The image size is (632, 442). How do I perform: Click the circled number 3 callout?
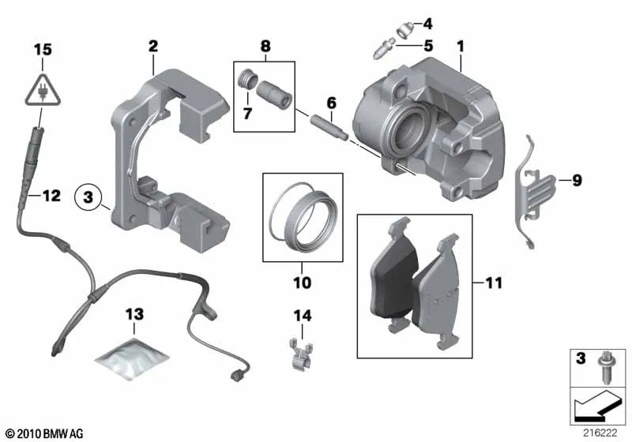point(88,197)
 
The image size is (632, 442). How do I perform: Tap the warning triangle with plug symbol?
point(43,91)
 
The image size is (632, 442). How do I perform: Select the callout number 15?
point(43,50)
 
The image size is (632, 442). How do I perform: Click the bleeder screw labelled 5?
point(383,48)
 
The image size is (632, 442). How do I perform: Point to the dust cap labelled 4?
point(404,30)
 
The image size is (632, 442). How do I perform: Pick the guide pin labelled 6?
point(329,126)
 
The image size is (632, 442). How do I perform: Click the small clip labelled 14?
point(300,354)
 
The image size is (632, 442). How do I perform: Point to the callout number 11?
point(494,283)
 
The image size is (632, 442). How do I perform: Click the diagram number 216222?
point(600,433)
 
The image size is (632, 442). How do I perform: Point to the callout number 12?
point(51,196)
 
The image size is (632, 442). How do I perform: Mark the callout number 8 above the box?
point(265,46)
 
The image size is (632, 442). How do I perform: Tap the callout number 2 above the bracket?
point(153,46)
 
